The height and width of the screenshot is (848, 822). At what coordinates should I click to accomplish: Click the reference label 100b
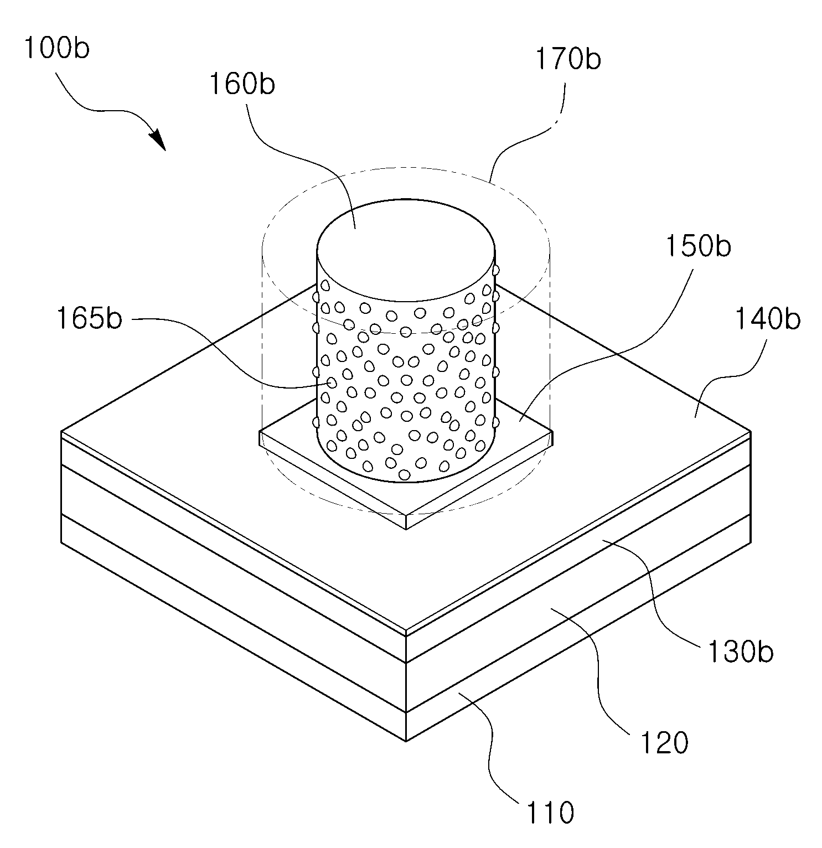click(56, 49)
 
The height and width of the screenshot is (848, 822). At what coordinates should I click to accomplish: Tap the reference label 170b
click(568, 60)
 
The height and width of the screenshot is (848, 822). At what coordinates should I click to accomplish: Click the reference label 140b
click(767, 319)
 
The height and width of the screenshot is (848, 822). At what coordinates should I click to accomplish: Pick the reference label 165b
click(90, 319)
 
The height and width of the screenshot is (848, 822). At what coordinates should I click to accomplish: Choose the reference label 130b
click(740, 652)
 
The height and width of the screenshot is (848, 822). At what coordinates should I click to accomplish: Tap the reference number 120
click(664, 742)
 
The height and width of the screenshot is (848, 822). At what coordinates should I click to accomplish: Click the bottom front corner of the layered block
click(406, 741)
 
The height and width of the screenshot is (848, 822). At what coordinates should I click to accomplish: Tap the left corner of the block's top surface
click(61, 430)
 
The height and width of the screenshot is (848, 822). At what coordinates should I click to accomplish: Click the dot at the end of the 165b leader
click(332, 382)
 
